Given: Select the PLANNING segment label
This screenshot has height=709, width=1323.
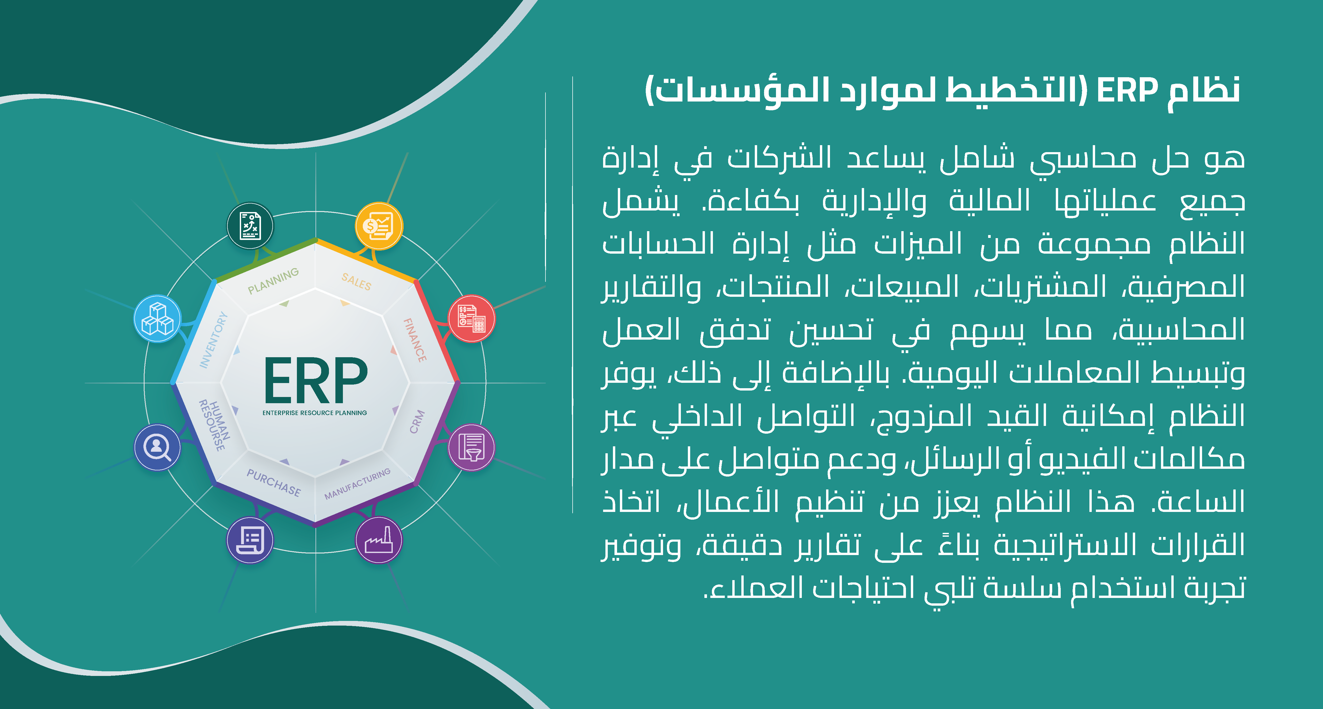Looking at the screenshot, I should (x=273, y=281).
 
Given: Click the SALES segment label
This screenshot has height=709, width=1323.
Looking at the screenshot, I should (x=356, y=281).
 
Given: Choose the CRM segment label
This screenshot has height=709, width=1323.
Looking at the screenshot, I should (x=417, y=422).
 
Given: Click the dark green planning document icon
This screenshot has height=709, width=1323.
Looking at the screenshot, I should (x=250, y=226).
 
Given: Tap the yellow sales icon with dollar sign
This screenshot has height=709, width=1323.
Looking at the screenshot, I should (x=379, y=226).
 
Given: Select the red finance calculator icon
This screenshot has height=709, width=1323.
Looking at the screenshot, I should (x=472, y=318).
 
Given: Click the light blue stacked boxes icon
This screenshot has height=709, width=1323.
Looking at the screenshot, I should (x=158, y=318).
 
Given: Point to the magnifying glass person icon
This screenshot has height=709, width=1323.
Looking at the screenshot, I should (x=158, y=447).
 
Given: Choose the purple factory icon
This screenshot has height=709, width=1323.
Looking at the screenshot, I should (x=379, y=540).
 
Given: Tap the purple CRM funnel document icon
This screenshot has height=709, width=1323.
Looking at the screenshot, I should (x=472, y=447).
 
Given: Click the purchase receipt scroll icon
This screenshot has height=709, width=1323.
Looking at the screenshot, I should (x=250, y=540).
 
